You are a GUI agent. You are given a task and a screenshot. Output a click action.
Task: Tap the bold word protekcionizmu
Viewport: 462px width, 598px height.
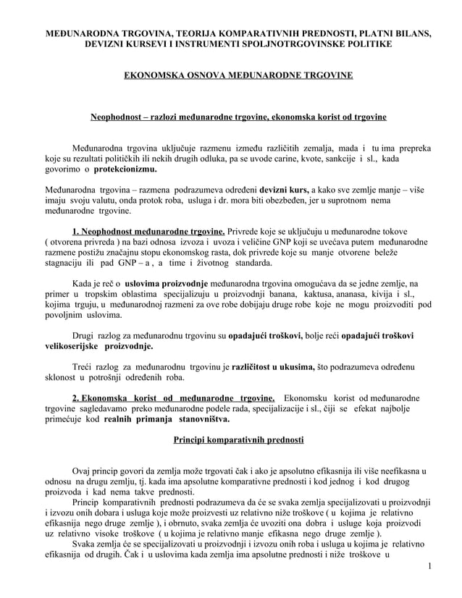click(x=124, y=169)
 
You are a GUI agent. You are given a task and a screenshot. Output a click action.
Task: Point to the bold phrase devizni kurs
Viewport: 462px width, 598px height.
click(x=285, y=190)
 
